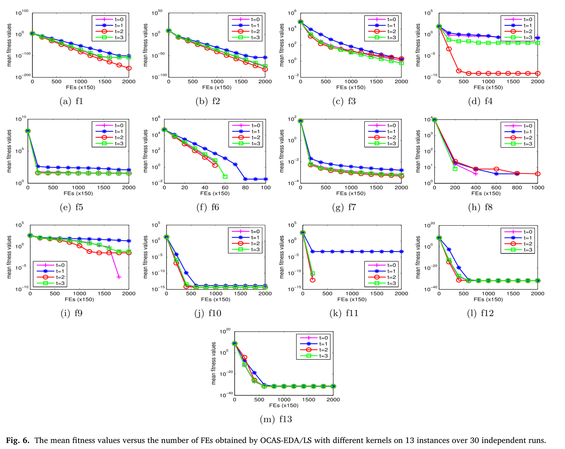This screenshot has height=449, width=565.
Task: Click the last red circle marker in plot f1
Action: coord(129,68)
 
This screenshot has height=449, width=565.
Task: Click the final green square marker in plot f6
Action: coord(225,177)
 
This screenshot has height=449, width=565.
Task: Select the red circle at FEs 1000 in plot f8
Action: coord(538,174)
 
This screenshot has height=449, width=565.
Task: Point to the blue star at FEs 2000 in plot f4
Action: coord(538,38)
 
